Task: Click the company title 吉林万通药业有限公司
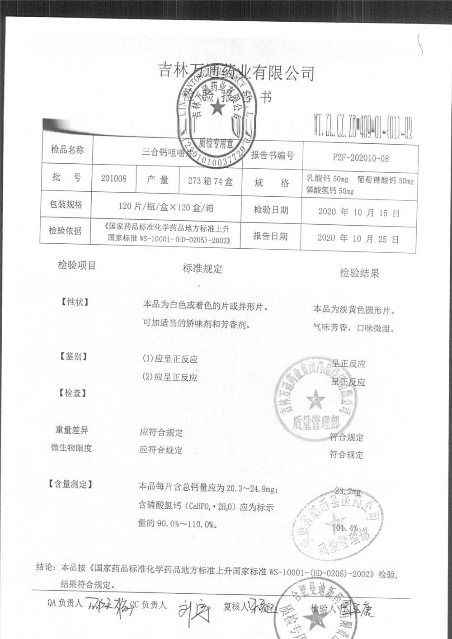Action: (x=237, y=72)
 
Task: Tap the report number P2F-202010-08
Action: (x=360, y=158)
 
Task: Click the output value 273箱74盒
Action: (x=210, y=181)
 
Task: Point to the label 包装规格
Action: (x=66, y=204)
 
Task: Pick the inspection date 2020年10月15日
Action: (x=358, y=212)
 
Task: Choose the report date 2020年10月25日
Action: (x=358, y=238)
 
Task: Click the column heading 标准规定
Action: (x=202, y=268)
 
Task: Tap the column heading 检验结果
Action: (x=359, y=273)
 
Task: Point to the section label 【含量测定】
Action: (x=71, y=484)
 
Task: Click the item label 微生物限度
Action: (x=71, y=448)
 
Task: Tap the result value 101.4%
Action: (x=345, y=527)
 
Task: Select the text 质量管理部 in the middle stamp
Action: (x=315, y=423)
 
